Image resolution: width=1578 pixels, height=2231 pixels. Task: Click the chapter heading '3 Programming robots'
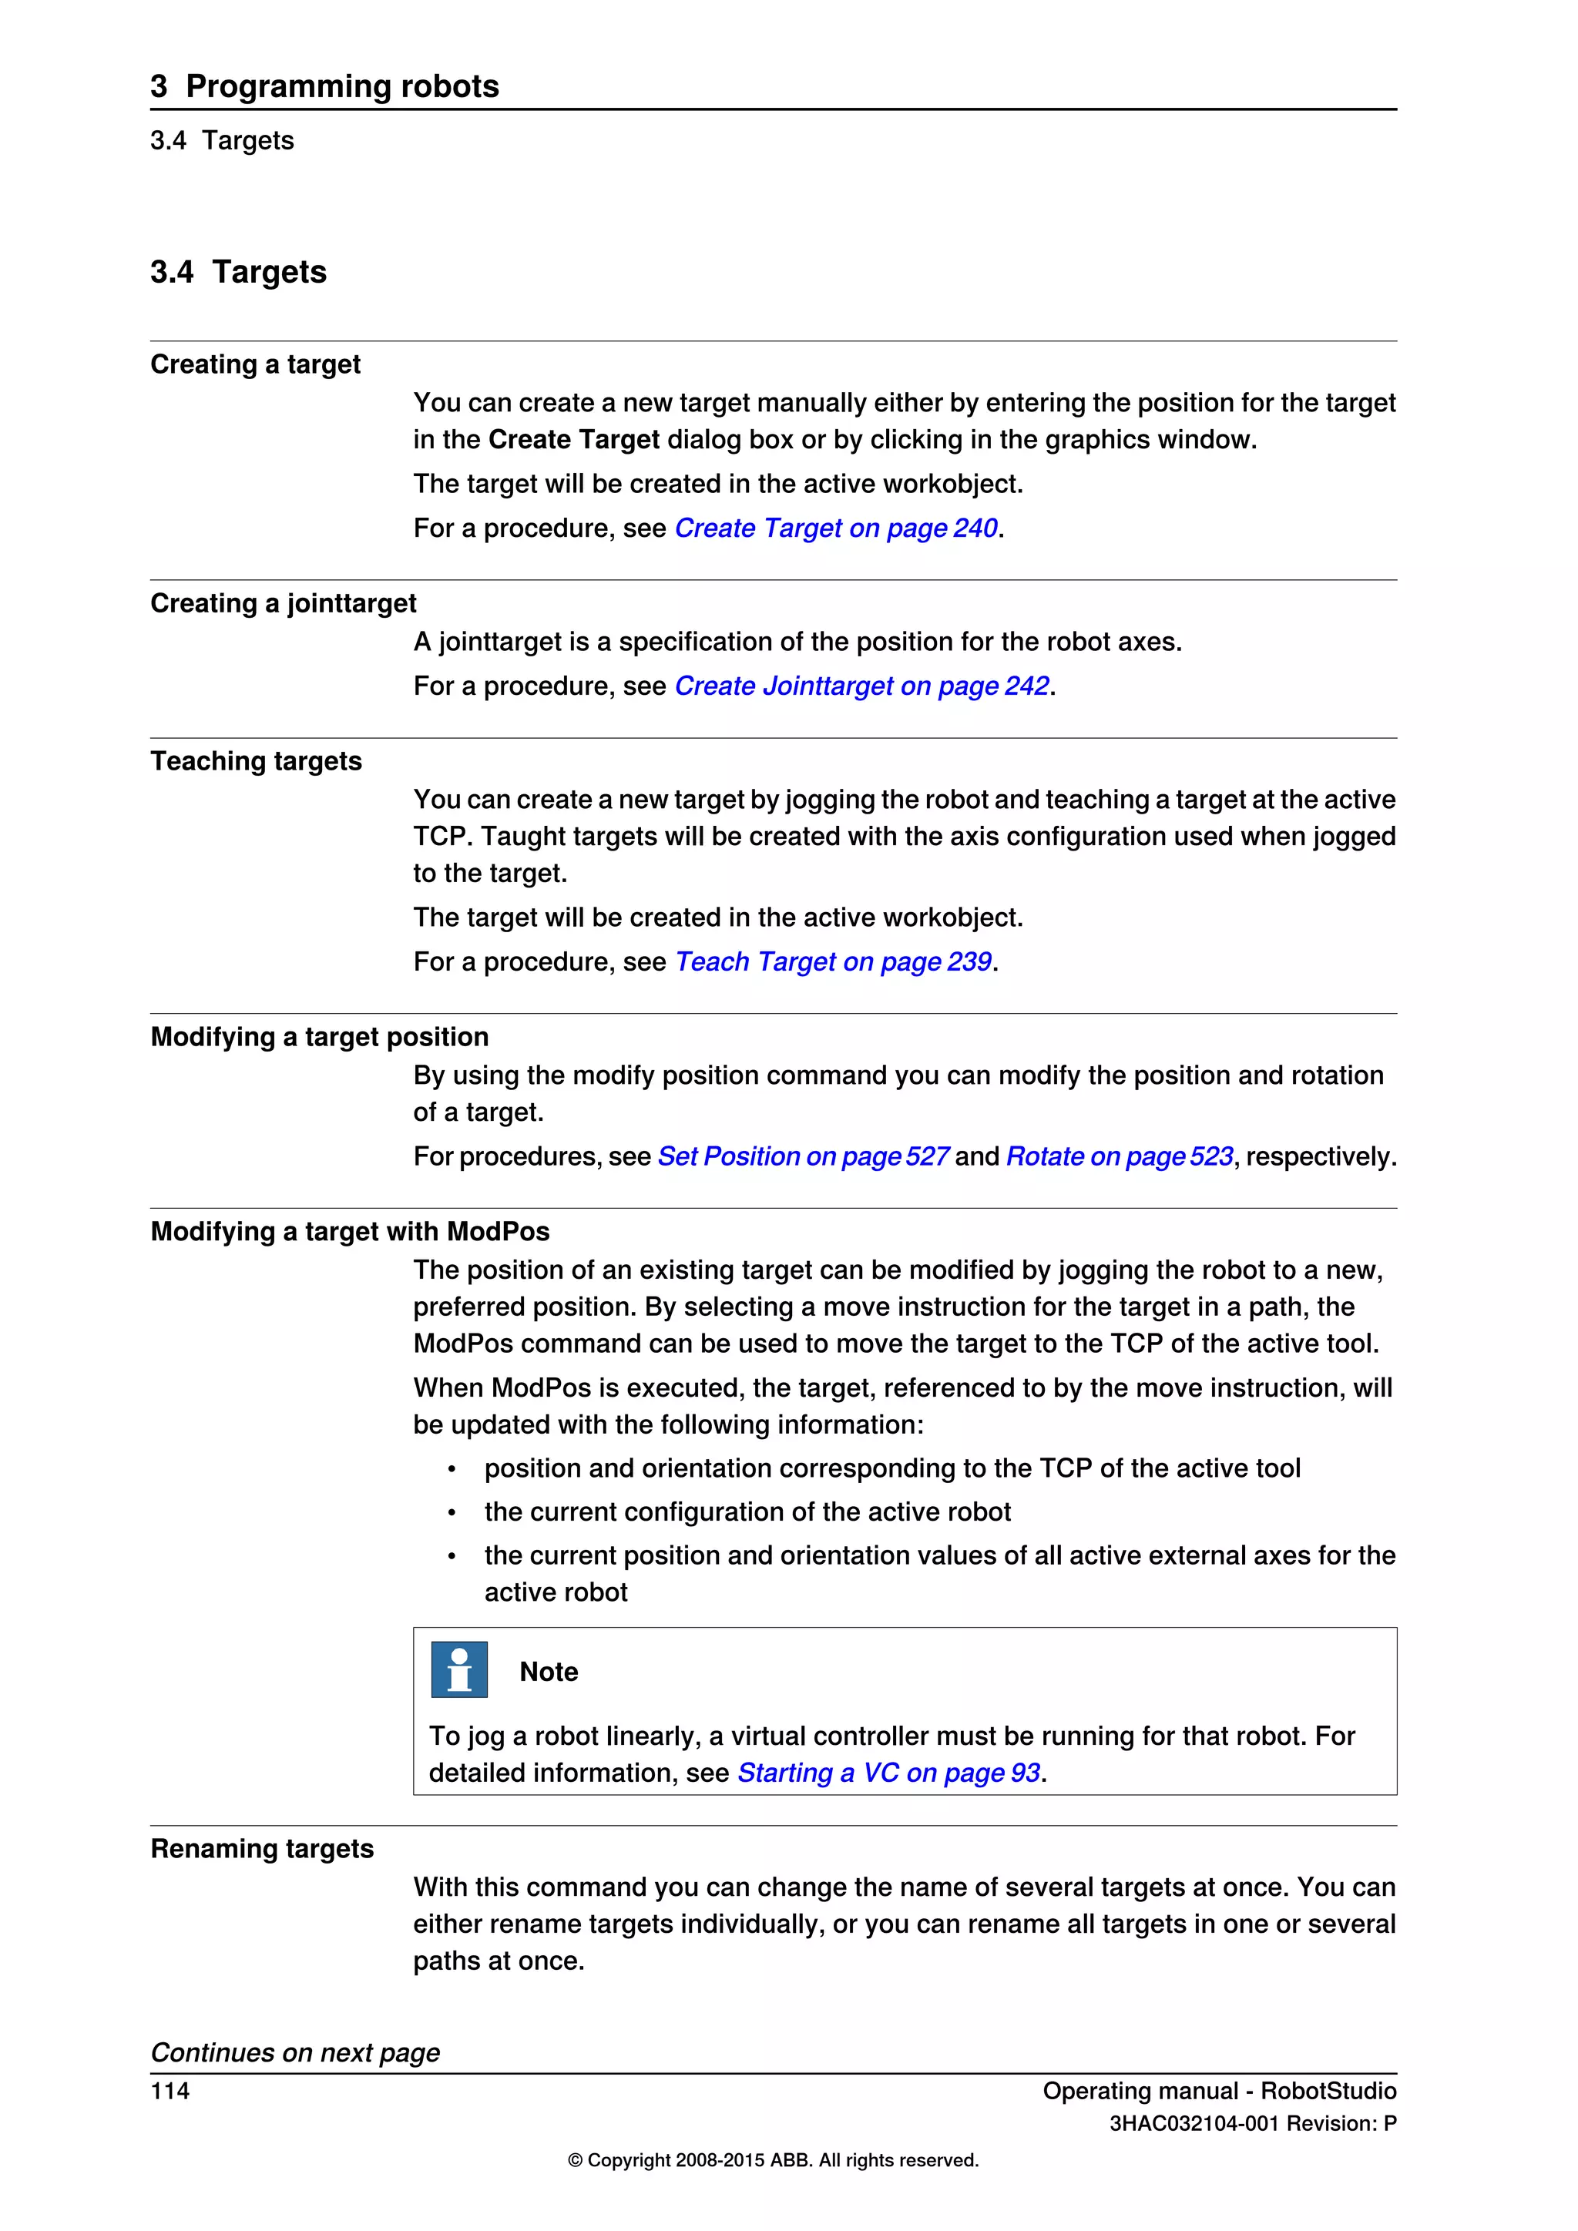pos(324,86)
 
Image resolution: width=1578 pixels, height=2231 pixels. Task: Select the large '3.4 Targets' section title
pos(238,272)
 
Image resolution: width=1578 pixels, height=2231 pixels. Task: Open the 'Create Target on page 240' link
pos(836,528)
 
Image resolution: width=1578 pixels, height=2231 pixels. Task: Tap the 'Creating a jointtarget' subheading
pos(283,603)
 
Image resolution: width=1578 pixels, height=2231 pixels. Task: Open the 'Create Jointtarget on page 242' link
pos(861,686)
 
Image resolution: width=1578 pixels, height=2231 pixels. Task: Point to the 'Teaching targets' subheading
pos(256,761)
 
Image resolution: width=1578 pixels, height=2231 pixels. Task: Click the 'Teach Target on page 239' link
pos(833,962)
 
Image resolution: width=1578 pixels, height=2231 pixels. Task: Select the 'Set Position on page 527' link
pos(803,1156)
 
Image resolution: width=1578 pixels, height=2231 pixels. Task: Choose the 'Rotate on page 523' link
pos(1120,1156)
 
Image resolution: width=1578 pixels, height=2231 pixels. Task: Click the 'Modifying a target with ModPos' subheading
pos(350,1231)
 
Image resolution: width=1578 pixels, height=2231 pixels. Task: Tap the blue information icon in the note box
pos(458,1669)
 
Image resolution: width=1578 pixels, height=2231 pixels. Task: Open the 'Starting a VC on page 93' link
pos(888,1773)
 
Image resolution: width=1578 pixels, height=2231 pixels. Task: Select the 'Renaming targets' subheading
pos(261,1848)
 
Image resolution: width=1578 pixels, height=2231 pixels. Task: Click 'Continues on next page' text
pos(294,2052)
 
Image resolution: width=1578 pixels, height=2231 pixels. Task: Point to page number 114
pos(170,2090)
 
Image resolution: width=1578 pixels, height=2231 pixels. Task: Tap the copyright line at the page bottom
pos(773,2160)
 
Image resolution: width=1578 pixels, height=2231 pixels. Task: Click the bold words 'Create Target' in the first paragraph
pos(573,440)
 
